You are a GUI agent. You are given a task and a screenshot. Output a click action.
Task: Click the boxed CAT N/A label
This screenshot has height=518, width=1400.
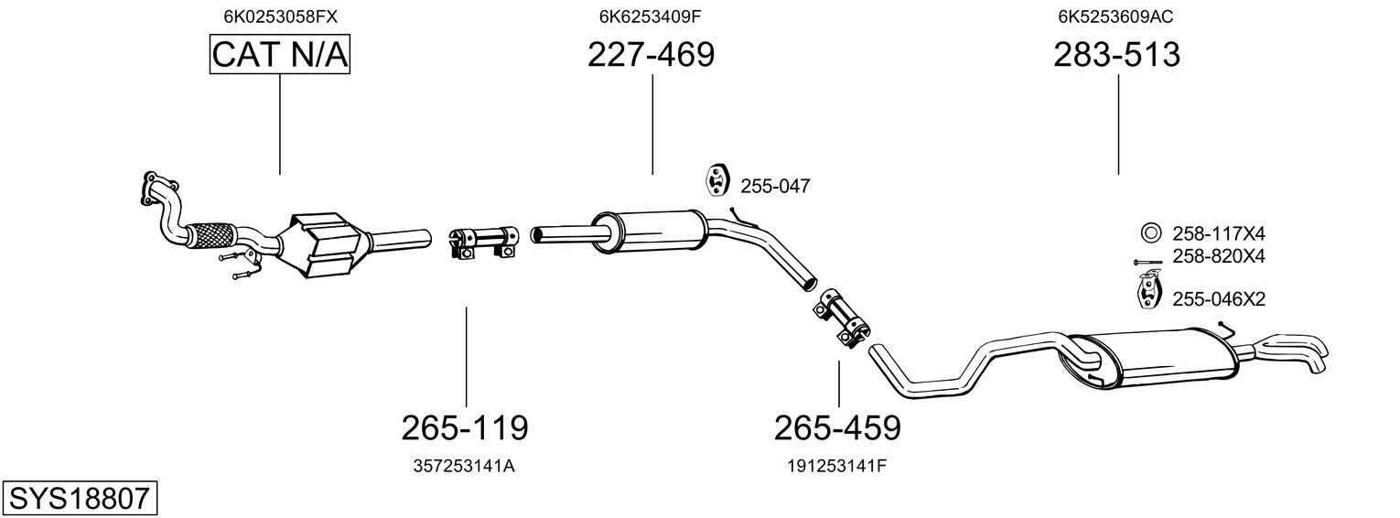click(280, 56)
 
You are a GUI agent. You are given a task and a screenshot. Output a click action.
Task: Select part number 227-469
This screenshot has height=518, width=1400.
click(651, 56)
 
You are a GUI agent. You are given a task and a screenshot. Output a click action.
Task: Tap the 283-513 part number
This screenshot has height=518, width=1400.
click(1116, 56)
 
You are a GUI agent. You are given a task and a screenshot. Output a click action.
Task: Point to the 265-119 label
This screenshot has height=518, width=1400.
click(465, 426)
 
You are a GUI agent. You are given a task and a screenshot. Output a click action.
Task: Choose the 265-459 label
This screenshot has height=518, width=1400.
click(837, 426)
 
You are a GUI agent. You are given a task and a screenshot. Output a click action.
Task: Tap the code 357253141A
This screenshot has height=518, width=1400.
click(465, 466)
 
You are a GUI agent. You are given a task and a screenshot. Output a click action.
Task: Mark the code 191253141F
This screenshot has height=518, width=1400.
click(837, 466)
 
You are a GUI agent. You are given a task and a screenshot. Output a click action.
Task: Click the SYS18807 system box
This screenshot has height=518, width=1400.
click(79, 499)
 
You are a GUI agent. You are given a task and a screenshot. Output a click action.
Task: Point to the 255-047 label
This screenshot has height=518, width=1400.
click(775, 186)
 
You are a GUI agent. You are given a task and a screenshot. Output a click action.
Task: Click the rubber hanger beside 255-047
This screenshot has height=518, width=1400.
click(714, 181)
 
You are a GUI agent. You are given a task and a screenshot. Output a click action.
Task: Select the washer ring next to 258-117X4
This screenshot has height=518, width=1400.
click(1150, 232)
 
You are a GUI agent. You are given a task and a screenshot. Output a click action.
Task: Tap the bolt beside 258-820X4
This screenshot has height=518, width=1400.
click(1147, 262)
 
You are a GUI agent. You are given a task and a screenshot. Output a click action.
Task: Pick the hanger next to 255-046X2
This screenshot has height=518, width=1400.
click(1145, 294)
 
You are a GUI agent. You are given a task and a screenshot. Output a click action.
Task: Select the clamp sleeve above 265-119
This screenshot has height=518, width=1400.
click(483, 241)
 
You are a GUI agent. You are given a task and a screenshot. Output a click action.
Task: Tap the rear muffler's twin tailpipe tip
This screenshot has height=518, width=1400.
click(1299, 352)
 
